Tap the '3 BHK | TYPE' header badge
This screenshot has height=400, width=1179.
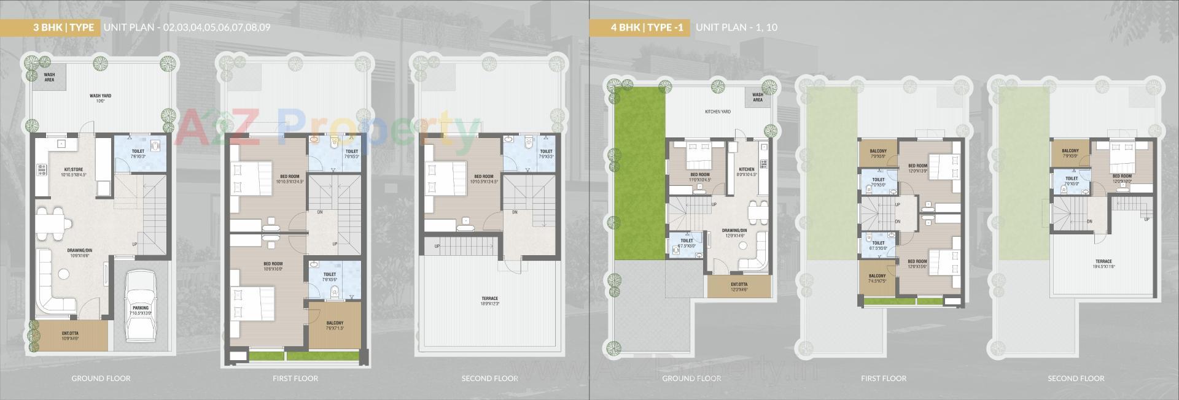[64, 28]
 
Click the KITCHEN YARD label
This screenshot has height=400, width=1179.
[717, 112]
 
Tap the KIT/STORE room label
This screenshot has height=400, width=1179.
[74, 172]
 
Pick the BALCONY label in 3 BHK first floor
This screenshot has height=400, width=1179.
[335, 325]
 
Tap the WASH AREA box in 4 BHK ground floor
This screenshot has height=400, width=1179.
[758, 97]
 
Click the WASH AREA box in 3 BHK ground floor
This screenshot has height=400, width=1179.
[49, 77]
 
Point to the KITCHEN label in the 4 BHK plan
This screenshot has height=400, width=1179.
[747, 172]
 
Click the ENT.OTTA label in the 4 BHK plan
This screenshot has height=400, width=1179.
[739, 286]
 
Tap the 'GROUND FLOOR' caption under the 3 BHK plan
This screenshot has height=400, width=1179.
[101, 379]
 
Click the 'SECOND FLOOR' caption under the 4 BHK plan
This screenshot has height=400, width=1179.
[1076, 379]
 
